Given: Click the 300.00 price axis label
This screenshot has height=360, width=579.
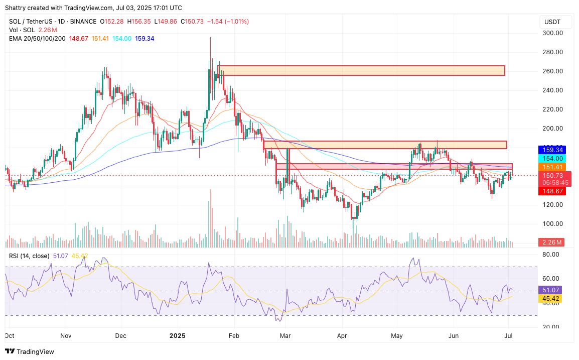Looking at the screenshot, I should tap(552, 33).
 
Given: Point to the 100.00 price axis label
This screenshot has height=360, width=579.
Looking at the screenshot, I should tap(552, 224).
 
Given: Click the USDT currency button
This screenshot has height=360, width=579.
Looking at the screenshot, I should tap(552, 22).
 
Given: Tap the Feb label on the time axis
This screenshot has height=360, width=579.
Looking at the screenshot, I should tap(233, 335).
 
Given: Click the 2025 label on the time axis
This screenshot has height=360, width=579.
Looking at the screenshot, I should tap(178, 335).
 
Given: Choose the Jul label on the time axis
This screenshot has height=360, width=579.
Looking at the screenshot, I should tap(509, 335).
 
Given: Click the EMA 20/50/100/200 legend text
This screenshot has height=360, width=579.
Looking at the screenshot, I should tap(37, 39).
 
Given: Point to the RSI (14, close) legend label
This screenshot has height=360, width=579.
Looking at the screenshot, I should tap(29, 256).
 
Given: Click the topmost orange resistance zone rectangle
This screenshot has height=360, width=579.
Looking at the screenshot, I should tap(361, 70).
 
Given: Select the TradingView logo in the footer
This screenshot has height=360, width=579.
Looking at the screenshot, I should tap(30, 352).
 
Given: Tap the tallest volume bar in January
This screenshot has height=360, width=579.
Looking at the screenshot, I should tap(210, 218).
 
